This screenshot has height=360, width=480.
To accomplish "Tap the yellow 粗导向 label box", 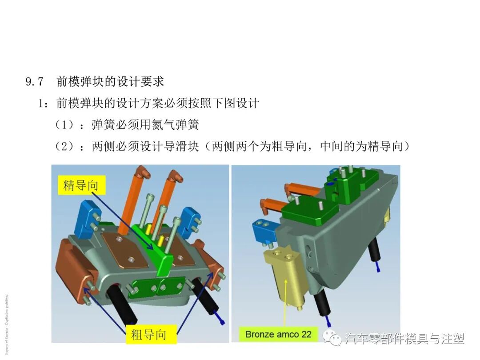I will (148, 334).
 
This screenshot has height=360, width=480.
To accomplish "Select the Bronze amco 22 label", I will (278, 334).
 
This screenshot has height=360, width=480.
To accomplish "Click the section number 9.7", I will (35, 82).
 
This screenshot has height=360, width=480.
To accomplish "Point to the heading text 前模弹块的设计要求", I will (110, 82).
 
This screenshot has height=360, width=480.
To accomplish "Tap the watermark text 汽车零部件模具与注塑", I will (405, 339).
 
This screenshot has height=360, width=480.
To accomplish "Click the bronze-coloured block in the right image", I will (284, 276).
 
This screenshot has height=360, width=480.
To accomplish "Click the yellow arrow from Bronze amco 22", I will (285, 302).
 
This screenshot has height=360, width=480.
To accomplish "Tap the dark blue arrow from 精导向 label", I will (129, 218).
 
